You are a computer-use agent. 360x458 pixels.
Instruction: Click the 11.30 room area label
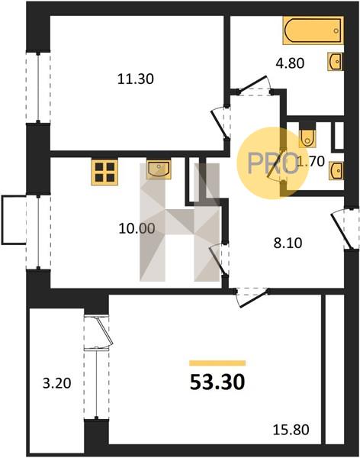tap(136, 79)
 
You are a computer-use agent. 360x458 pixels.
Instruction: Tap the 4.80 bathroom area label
tap(291, 63)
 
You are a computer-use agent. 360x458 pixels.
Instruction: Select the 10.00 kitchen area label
tap(137, 228)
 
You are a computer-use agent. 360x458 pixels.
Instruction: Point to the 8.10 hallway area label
tap(288, 243)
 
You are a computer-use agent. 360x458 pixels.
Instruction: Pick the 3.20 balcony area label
tap(57, 383)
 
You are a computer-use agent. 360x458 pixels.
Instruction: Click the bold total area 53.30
tap(217, 382)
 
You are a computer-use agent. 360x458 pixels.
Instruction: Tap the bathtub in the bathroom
tap(313, 31)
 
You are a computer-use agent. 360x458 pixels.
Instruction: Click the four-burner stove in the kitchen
tap(104, 172)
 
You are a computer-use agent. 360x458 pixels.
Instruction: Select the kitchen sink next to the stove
tap(159, 169)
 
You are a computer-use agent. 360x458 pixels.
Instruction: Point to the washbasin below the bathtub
tap(335, 62)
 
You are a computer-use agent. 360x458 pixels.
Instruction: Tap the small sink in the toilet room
tap(336, 171)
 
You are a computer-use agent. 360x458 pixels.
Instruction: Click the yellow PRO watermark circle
tap(272, 163)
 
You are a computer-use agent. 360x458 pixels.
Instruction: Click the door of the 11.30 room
tap(220, 123)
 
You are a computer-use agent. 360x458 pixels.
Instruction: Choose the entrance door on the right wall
tap(344, 228)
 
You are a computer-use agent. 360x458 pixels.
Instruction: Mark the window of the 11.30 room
tap(38, 88)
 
